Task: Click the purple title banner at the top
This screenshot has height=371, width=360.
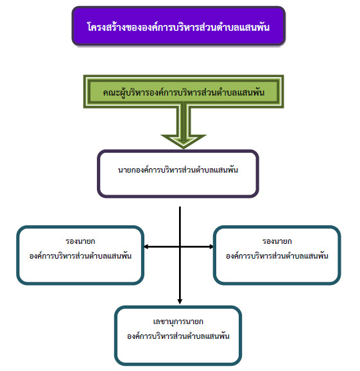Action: [178, 26]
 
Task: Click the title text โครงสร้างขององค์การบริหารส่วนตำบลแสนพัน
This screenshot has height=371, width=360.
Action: [178, 27]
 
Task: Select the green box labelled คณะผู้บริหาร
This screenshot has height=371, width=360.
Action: [184, 92]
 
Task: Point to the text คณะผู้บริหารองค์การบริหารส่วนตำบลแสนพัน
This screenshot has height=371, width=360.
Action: [184, 92]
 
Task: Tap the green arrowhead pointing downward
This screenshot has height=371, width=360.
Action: [184, 141]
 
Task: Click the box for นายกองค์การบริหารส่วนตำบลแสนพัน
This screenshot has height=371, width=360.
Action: [178, 174]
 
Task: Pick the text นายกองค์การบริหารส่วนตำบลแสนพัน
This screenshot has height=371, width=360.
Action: [178, 170]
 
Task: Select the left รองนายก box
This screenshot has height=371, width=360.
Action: [80, 255]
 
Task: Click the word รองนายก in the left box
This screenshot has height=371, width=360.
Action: [80, 241]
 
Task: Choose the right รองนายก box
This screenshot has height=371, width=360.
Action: [277, 255]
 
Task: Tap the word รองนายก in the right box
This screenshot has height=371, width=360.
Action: [277, 241]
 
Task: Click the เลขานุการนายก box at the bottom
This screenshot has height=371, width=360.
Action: [178, 336]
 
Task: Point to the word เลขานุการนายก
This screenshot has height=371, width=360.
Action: [178, 322]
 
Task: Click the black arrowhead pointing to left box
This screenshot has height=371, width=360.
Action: [146, 246]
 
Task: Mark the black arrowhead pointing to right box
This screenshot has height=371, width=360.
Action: [210, 246]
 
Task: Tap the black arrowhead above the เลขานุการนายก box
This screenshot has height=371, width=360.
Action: [180, 301]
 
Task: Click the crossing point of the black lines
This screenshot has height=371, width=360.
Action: [180, 246]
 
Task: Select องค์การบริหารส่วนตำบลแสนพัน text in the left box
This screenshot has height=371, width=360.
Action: [80, 256]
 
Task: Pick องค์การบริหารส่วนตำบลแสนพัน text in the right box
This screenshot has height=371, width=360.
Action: [277, 256]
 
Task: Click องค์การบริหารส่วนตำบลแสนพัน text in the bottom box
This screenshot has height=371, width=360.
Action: [178, 336]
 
